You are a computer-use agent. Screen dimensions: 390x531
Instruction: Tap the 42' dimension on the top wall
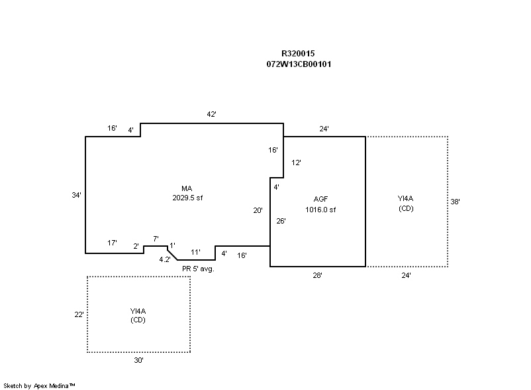coord(212,115)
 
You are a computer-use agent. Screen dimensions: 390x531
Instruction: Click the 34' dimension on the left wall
coord(77,195)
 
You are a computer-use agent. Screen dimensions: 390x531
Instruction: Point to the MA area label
coord(187,188)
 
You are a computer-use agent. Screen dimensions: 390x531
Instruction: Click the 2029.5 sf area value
coord(187,198)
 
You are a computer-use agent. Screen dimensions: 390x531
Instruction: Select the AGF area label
coord(321,200)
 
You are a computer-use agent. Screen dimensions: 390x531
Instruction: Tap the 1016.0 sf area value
coord(321,210)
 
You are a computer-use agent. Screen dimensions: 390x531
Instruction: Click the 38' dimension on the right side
coord(456,202)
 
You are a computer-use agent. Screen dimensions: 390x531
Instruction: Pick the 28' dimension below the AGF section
coord(318,275)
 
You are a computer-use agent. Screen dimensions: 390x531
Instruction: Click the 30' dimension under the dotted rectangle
coord(138,361)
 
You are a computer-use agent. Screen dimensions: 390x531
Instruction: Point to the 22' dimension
coord(79,314)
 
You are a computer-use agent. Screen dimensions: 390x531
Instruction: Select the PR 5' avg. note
coord(198,269)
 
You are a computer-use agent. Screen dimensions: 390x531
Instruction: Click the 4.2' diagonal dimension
coord(165,259)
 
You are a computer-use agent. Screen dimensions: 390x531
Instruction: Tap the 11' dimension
coord(196,252)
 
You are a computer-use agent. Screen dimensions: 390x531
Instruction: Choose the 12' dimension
coord(297,162)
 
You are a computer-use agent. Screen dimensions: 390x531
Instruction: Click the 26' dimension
coord(281,221)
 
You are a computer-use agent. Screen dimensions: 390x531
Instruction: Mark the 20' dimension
coord(258,210)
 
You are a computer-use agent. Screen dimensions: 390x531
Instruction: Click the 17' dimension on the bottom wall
coord(113,243)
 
